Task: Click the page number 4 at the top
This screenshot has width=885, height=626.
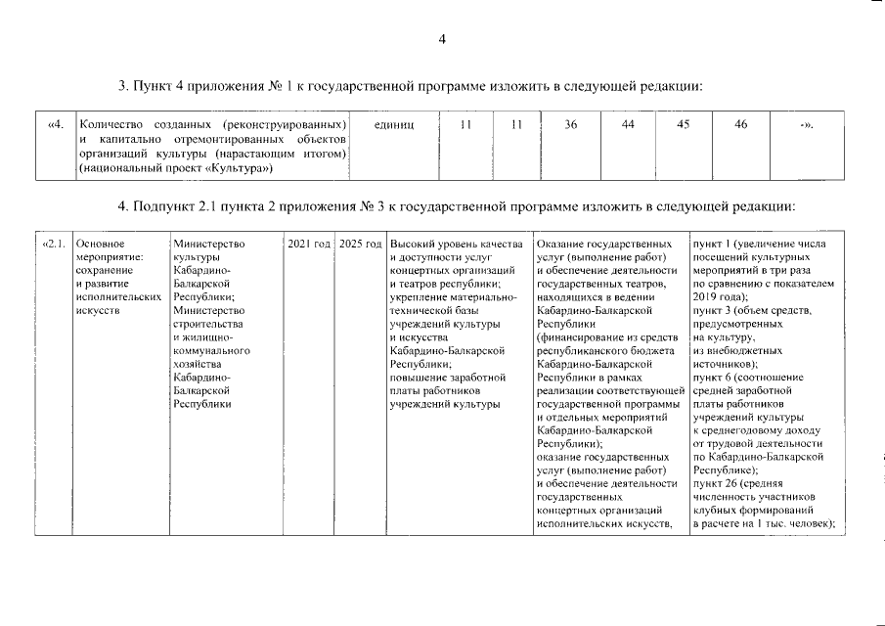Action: coord(442,39)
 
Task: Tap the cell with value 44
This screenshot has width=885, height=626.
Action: coord(628,124)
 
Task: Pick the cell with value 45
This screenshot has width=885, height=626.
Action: coord(684,124)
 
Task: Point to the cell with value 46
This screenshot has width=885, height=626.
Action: coord(741,124)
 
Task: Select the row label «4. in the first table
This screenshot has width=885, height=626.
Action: coord(56,124)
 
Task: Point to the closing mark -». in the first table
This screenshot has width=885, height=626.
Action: coord(806,125)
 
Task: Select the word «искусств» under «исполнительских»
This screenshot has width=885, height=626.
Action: coord(96,309)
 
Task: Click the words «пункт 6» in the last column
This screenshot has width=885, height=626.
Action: coord(713,377)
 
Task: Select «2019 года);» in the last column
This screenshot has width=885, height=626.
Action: coord(719,295)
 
